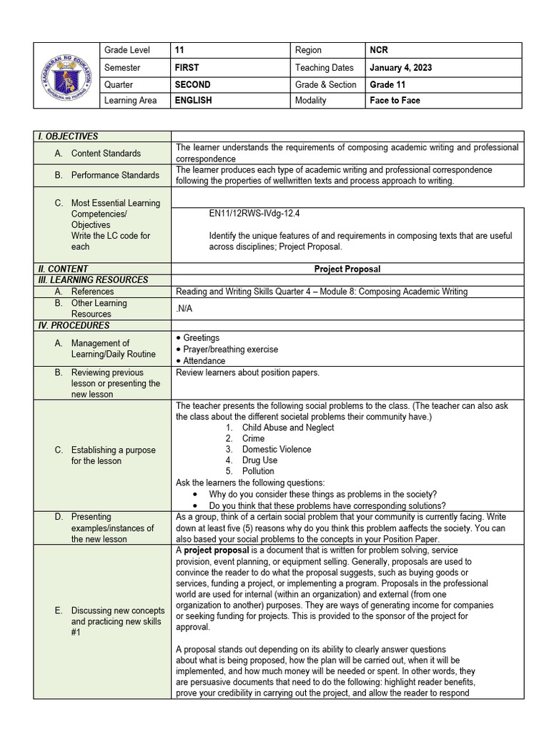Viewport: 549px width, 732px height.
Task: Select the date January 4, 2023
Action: (400, 68)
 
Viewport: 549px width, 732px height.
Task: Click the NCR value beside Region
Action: (378, 50)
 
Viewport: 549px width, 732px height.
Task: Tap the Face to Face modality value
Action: (395, 101)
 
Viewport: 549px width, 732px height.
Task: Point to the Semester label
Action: (122, 68)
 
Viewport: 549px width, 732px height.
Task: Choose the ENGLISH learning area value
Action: (193, 101)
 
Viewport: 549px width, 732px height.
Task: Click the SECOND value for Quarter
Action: (192, 84)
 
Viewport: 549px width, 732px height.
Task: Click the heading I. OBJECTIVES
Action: (68, 137)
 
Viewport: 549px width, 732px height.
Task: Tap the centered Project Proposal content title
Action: (347, 269)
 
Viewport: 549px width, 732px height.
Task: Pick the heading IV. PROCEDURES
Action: (74, 325)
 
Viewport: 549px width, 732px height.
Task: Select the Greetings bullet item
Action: (201, 337)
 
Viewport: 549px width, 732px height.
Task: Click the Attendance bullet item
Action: (204, 361)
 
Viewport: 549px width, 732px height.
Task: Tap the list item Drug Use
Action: (259, 460)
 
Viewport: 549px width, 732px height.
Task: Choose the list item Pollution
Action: (258, 471)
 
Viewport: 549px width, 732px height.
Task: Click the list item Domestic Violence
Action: (276, 450)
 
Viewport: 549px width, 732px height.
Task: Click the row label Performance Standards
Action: (115, 175)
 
